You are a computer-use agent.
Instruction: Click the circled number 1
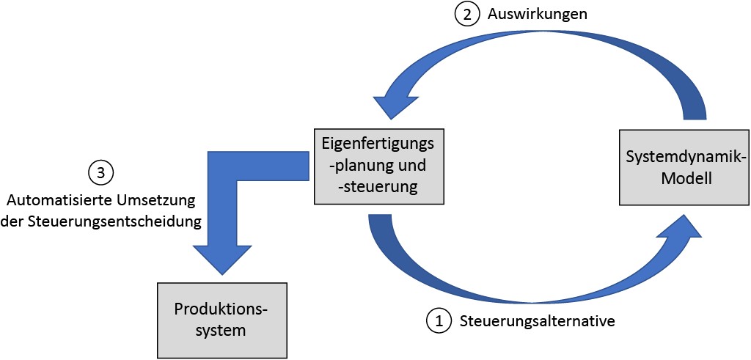click(439, 320)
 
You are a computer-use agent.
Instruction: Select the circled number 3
click(100, 173)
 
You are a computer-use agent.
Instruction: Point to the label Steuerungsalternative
click(537, 320)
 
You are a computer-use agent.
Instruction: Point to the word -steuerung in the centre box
click(378, 188)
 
